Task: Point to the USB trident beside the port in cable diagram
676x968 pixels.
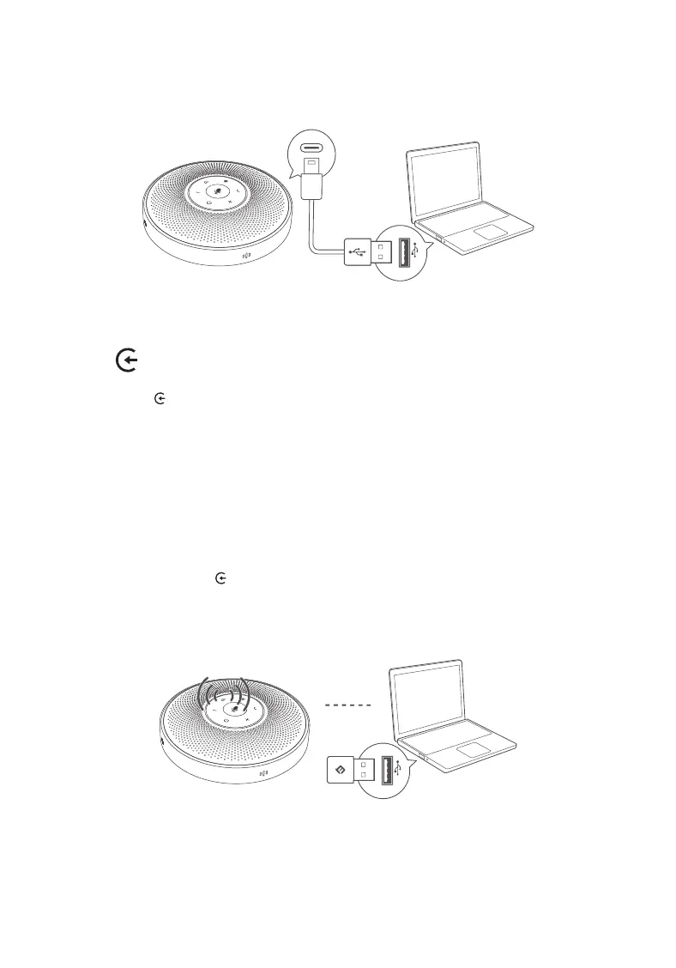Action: pos(416,250)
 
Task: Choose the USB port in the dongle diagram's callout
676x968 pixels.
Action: pos(386,770)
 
